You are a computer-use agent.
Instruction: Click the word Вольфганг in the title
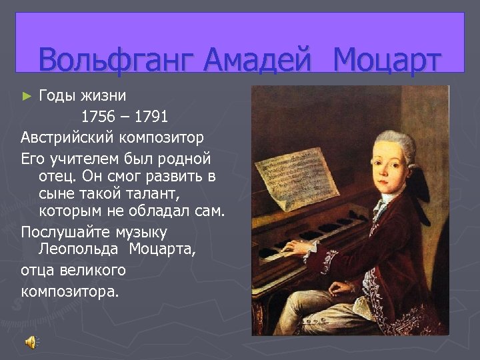click(117, 60)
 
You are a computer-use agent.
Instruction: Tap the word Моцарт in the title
click(387, 60)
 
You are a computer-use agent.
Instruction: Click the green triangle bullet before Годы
click(27, 96)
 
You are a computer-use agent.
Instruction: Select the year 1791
click(151, 117)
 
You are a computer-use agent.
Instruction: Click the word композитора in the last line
click(69, 291)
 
